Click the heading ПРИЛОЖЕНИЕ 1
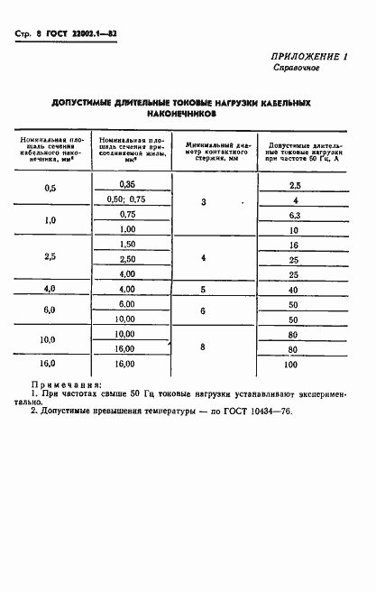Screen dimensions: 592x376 [310, 56]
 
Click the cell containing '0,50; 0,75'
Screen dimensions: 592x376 [126, 199]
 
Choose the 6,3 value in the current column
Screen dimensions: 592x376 [293, 216]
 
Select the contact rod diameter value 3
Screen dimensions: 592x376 [203, 200]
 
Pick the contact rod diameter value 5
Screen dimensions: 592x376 [203, 290]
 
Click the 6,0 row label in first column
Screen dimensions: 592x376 [50, 310]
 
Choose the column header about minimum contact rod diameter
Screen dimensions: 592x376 [215, 149]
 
